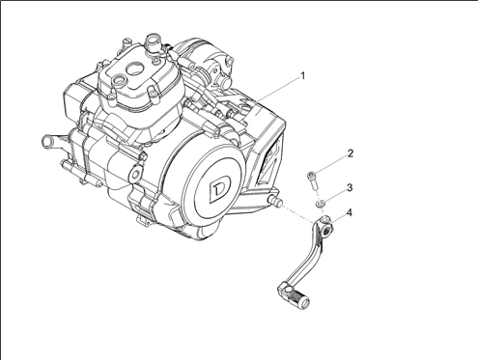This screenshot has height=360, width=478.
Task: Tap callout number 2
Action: coord(351,153)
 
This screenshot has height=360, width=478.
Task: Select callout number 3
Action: coord(351,187)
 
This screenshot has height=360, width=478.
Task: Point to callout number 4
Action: coord(351,212)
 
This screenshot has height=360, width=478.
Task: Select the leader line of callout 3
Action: coord(334,195)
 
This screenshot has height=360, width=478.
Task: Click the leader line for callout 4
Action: coord(340,219)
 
